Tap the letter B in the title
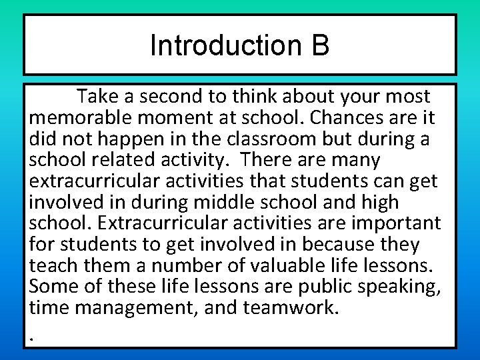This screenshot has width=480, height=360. [319, 46]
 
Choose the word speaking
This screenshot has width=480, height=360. [403, 286]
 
